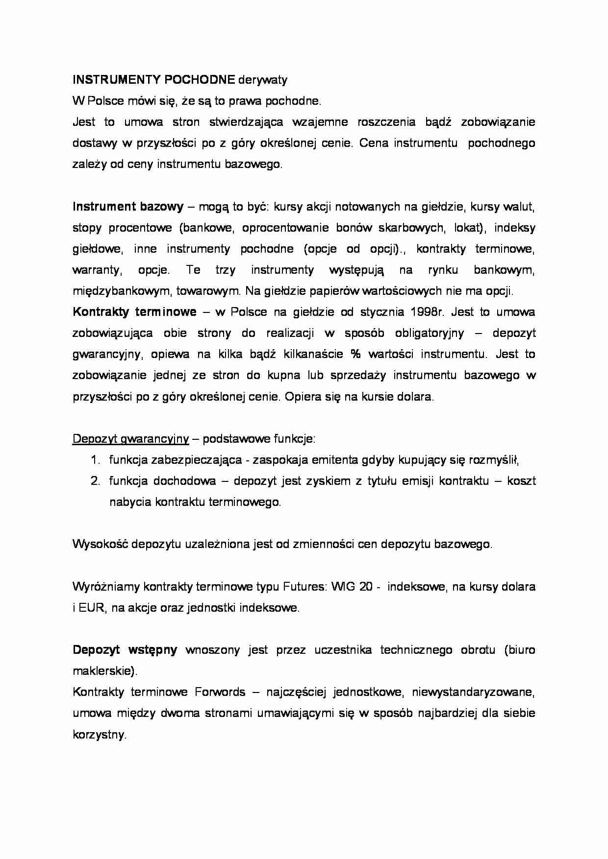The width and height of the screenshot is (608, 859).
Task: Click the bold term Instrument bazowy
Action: (128, 207)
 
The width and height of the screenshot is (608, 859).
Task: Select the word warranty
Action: (94, 270)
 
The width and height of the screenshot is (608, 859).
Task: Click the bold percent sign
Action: (355, 354)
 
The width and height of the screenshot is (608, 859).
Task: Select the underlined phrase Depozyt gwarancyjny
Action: (130, 439)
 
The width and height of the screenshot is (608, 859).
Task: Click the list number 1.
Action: (95, 460)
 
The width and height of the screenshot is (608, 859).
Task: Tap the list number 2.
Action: (95, 481)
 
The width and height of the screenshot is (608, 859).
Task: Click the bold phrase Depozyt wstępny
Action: (125, 650)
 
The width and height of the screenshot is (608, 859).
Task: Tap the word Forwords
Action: (220, 692)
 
